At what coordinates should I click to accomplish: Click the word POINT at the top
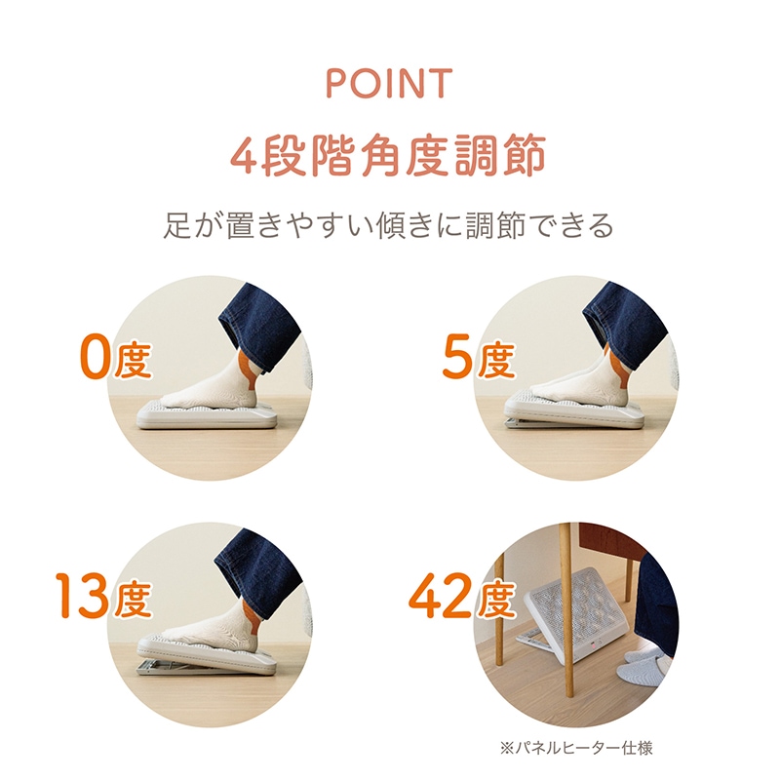pos(389,83)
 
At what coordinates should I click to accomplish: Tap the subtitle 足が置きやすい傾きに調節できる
pos(388,225)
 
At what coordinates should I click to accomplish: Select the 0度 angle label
pos(115,359)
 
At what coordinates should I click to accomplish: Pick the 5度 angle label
pos(479,359)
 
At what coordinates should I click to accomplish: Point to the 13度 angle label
pos(103,597)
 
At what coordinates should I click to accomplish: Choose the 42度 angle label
pos(461,597)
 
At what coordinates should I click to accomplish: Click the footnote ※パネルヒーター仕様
pos(576,748)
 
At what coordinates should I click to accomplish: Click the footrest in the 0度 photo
pos(207,413)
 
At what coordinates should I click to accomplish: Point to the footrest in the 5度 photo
pos(574,411)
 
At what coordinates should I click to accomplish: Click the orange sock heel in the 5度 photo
pos(616,370)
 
